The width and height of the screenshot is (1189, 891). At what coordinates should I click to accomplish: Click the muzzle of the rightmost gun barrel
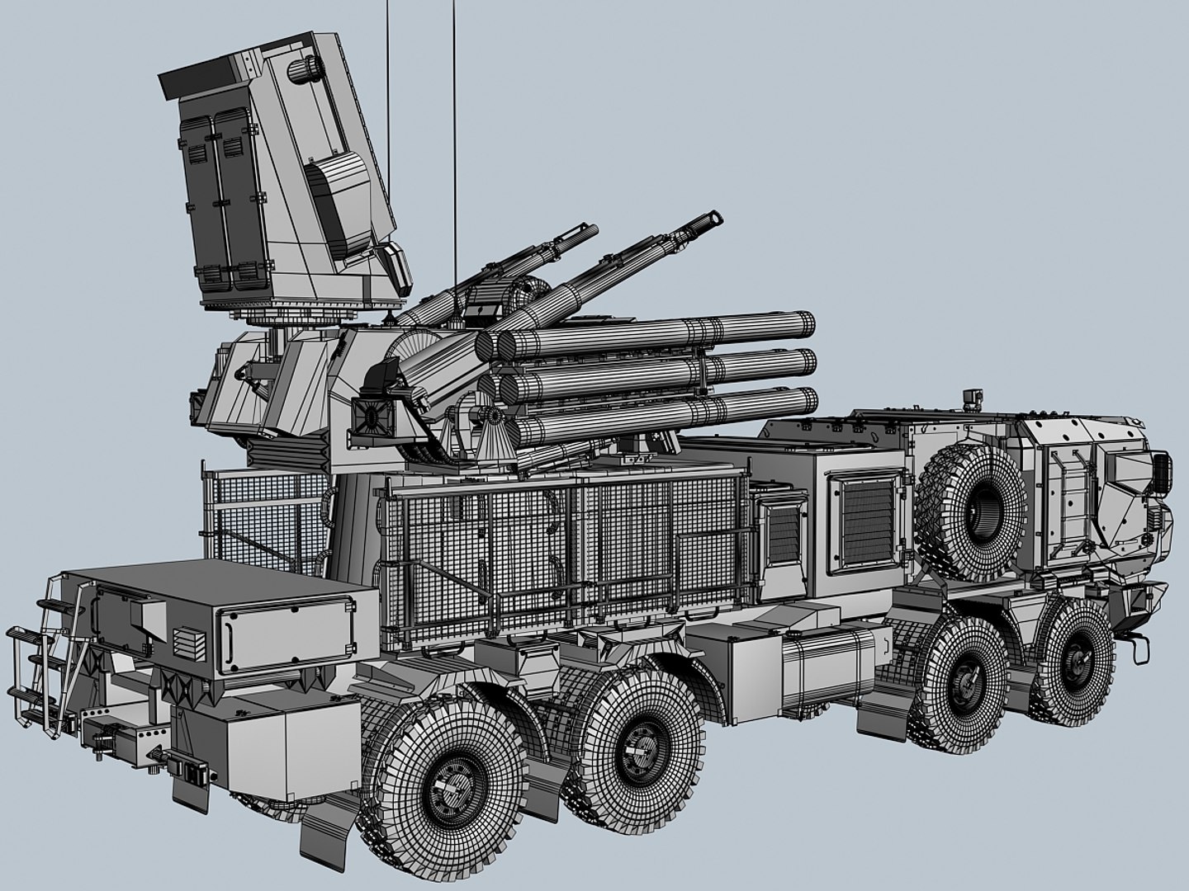(x=712, y=219)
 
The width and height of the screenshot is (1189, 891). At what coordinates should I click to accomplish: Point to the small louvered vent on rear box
(x=187, y=639)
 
